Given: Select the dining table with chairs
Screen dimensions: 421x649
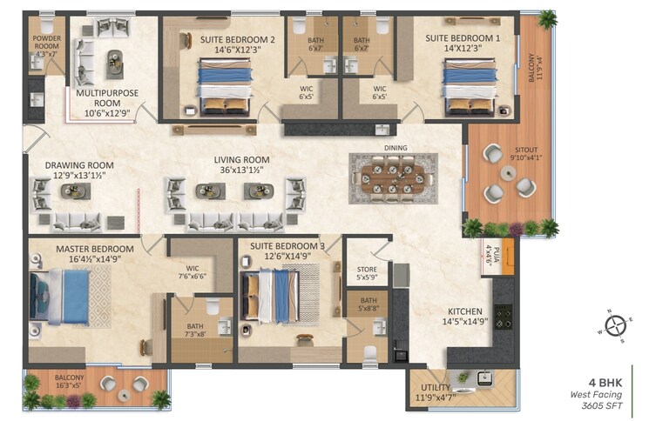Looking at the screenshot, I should click(x=395, y=178).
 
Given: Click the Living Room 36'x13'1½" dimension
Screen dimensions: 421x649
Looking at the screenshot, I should click(x=241, y=170).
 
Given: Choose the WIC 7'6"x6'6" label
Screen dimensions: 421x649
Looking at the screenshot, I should click(x=195, y=272).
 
